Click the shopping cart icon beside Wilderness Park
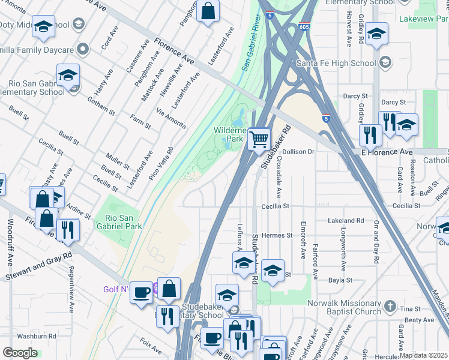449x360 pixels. [x=259, y=140]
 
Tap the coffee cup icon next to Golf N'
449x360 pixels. [x=141, y=292]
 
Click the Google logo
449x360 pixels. [x=20, y=353]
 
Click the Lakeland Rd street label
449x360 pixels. [x=347, y=221]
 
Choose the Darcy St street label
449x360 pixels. [x=355, y=95]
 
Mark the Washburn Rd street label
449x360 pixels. [x=36, y=337]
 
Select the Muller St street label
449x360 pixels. [x=118, y=160]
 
